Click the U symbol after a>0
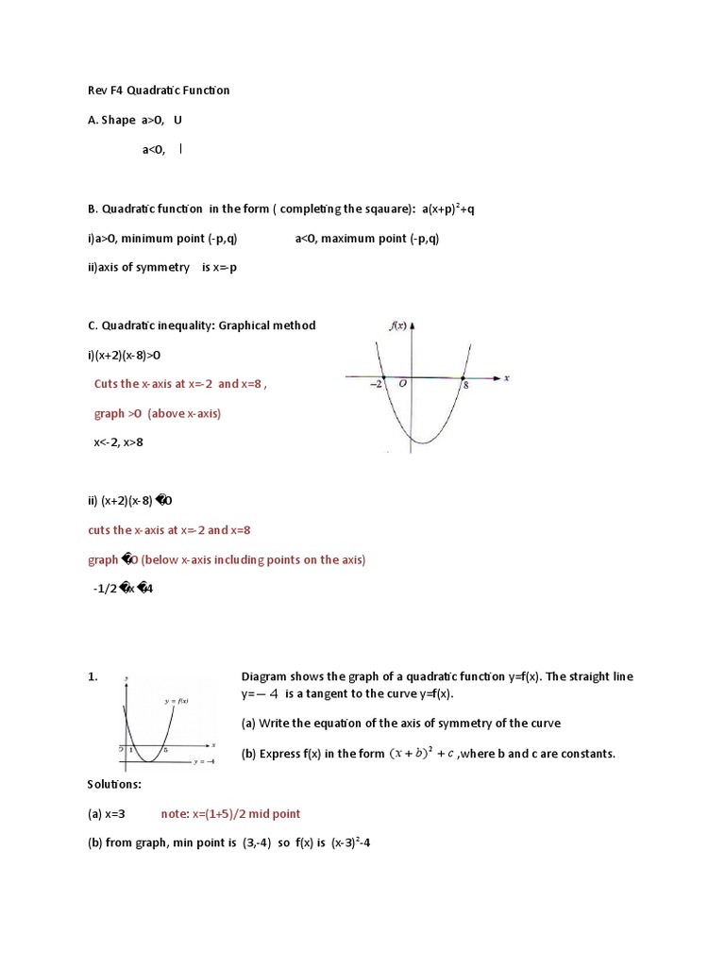click(x=177, y=120)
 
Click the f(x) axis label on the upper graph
click(x=397, y=325)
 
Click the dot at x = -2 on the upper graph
click(x=383, y=377)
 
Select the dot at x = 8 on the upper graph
click(x=463, y=377)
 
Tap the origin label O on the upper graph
click(x=403, y=385)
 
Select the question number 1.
click(x=93, y=677)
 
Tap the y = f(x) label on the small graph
click(x=176, y=700)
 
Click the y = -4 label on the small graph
click(x=205, y=760)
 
